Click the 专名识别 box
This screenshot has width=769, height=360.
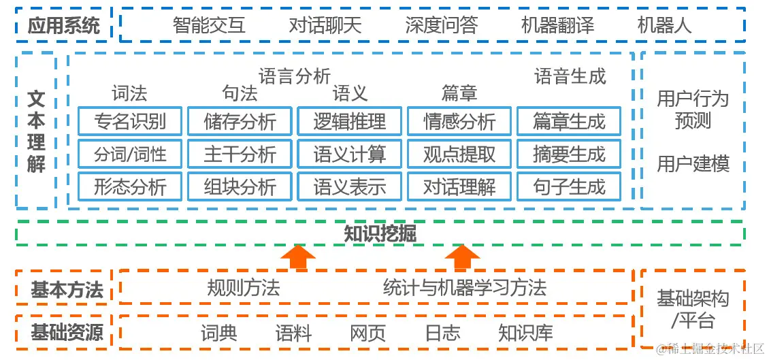130,122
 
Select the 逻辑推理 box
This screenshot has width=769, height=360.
350,122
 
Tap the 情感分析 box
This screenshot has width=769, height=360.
459,122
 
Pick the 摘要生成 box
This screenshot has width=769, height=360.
569,154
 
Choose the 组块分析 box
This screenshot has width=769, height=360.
240,187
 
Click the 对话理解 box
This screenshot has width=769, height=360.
459,187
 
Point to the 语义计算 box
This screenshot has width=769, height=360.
350,154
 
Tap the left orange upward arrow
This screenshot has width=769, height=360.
297,258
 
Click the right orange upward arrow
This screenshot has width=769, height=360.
463,258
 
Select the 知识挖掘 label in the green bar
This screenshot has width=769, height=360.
380,233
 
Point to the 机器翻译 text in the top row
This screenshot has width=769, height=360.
557,26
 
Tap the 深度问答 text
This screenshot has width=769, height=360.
441,26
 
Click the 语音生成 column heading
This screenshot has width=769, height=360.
570,76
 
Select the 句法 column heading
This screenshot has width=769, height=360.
240,93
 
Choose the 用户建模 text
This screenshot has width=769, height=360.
693,164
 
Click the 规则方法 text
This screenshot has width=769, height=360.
244,288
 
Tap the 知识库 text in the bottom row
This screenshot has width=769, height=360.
525,333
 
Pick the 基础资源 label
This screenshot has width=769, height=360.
67,333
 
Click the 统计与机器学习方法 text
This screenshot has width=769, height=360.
465,288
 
